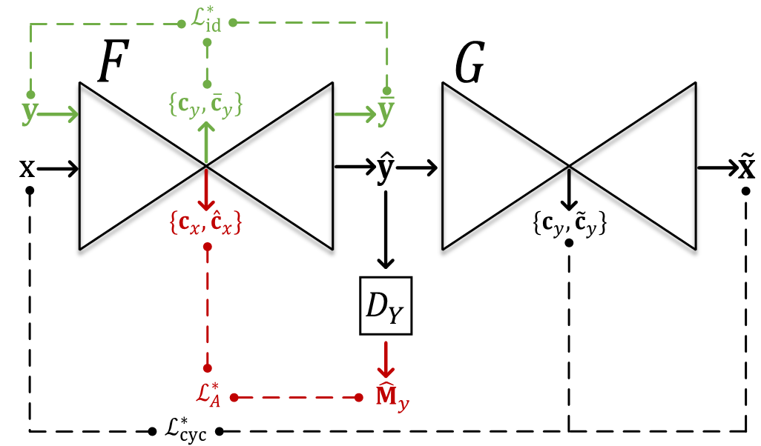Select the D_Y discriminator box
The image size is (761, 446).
coord(385,306)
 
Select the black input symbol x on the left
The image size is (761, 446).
coord(27,169)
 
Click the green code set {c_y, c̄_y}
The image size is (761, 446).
coord(207,108)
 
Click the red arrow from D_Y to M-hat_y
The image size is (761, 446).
coord(385,359)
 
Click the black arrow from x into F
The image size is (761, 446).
coord(58,169)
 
